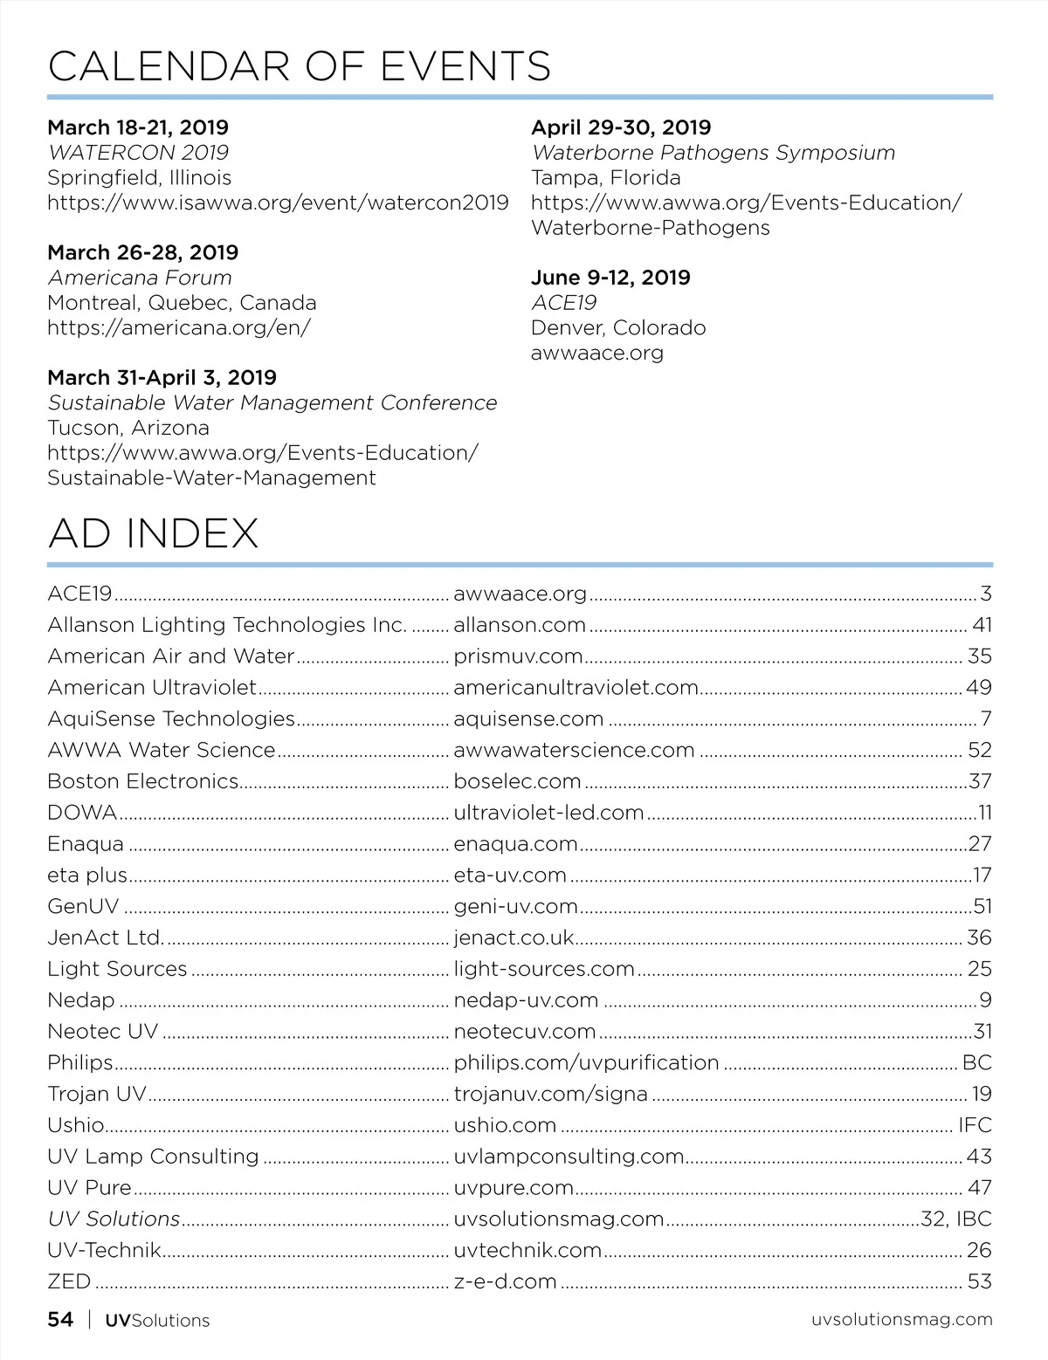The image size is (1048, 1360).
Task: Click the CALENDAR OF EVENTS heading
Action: [x=300, y=66]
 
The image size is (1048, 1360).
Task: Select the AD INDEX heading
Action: [x=154, y=533]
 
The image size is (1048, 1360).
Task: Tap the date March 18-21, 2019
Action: [x=138, y=127]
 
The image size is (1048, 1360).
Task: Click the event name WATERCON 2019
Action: [x=138, y=153]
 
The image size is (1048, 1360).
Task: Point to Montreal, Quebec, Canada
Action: [x=182, y=303]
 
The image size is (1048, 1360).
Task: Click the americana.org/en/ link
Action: [x=179, y=328]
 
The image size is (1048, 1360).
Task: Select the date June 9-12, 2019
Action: [x=610, y=278]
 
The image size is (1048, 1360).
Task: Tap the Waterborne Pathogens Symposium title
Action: [x=714, y=153]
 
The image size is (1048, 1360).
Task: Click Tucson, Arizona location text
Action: [x=128, y=428]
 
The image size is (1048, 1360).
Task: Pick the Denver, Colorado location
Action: [x=618, y=328]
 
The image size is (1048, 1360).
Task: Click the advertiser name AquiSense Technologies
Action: [x=171, y=718]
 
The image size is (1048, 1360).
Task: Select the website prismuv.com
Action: [x=518, y=656]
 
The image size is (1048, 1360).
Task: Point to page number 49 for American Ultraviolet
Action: [x=978, y=688]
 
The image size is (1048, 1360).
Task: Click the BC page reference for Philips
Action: [x=976, y=1062]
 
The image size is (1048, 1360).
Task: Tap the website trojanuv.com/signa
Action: [x=550, y=1094]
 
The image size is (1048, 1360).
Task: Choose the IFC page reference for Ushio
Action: [x=975, y=1125]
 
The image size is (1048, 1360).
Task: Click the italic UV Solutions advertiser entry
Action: [x=114, y=1219]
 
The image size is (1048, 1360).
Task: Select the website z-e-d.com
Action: [x=505, y=1281]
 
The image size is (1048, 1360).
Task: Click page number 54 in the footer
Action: [x=60, y=1320]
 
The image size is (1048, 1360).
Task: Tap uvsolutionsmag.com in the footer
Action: [x=901, y=1320]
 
